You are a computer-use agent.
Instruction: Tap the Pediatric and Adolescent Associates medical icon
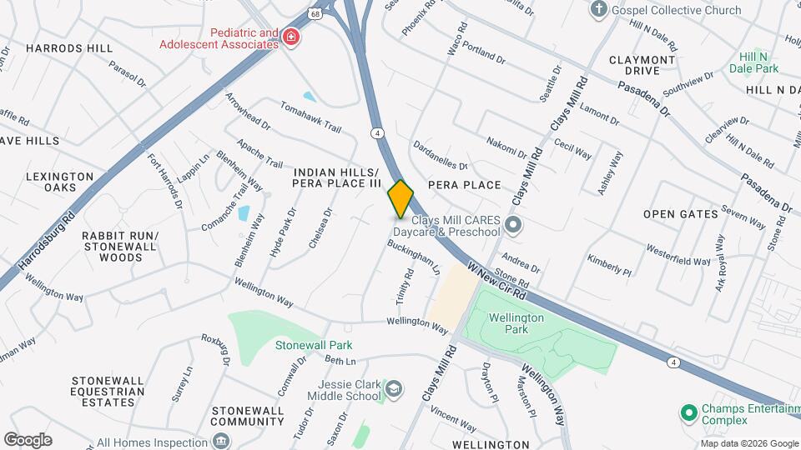pos(290,38)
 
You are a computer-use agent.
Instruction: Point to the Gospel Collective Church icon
pos(597,10)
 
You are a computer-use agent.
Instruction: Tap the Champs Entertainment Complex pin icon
pos(689,412)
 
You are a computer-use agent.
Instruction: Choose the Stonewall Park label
pos(314,345)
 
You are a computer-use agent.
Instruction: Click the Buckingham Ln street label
pos(425,258)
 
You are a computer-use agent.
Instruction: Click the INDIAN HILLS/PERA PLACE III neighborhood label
pos(337,177)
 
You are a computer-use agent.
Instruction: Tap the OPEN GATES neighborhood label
pos(681,214)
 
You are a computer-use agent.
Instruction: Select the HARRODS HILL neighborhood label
pos(69,48)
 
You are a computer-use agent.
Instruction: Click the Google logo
pos(28,440)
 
